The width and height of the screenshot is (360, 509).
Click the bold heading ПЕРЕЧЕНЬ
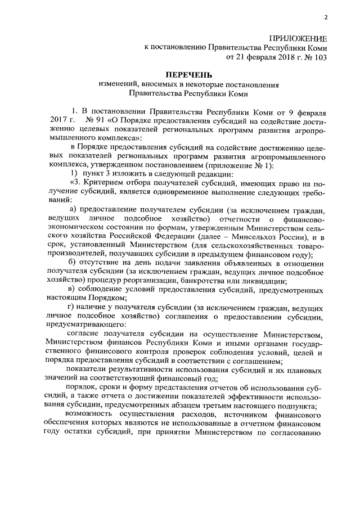click(188, 75)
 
